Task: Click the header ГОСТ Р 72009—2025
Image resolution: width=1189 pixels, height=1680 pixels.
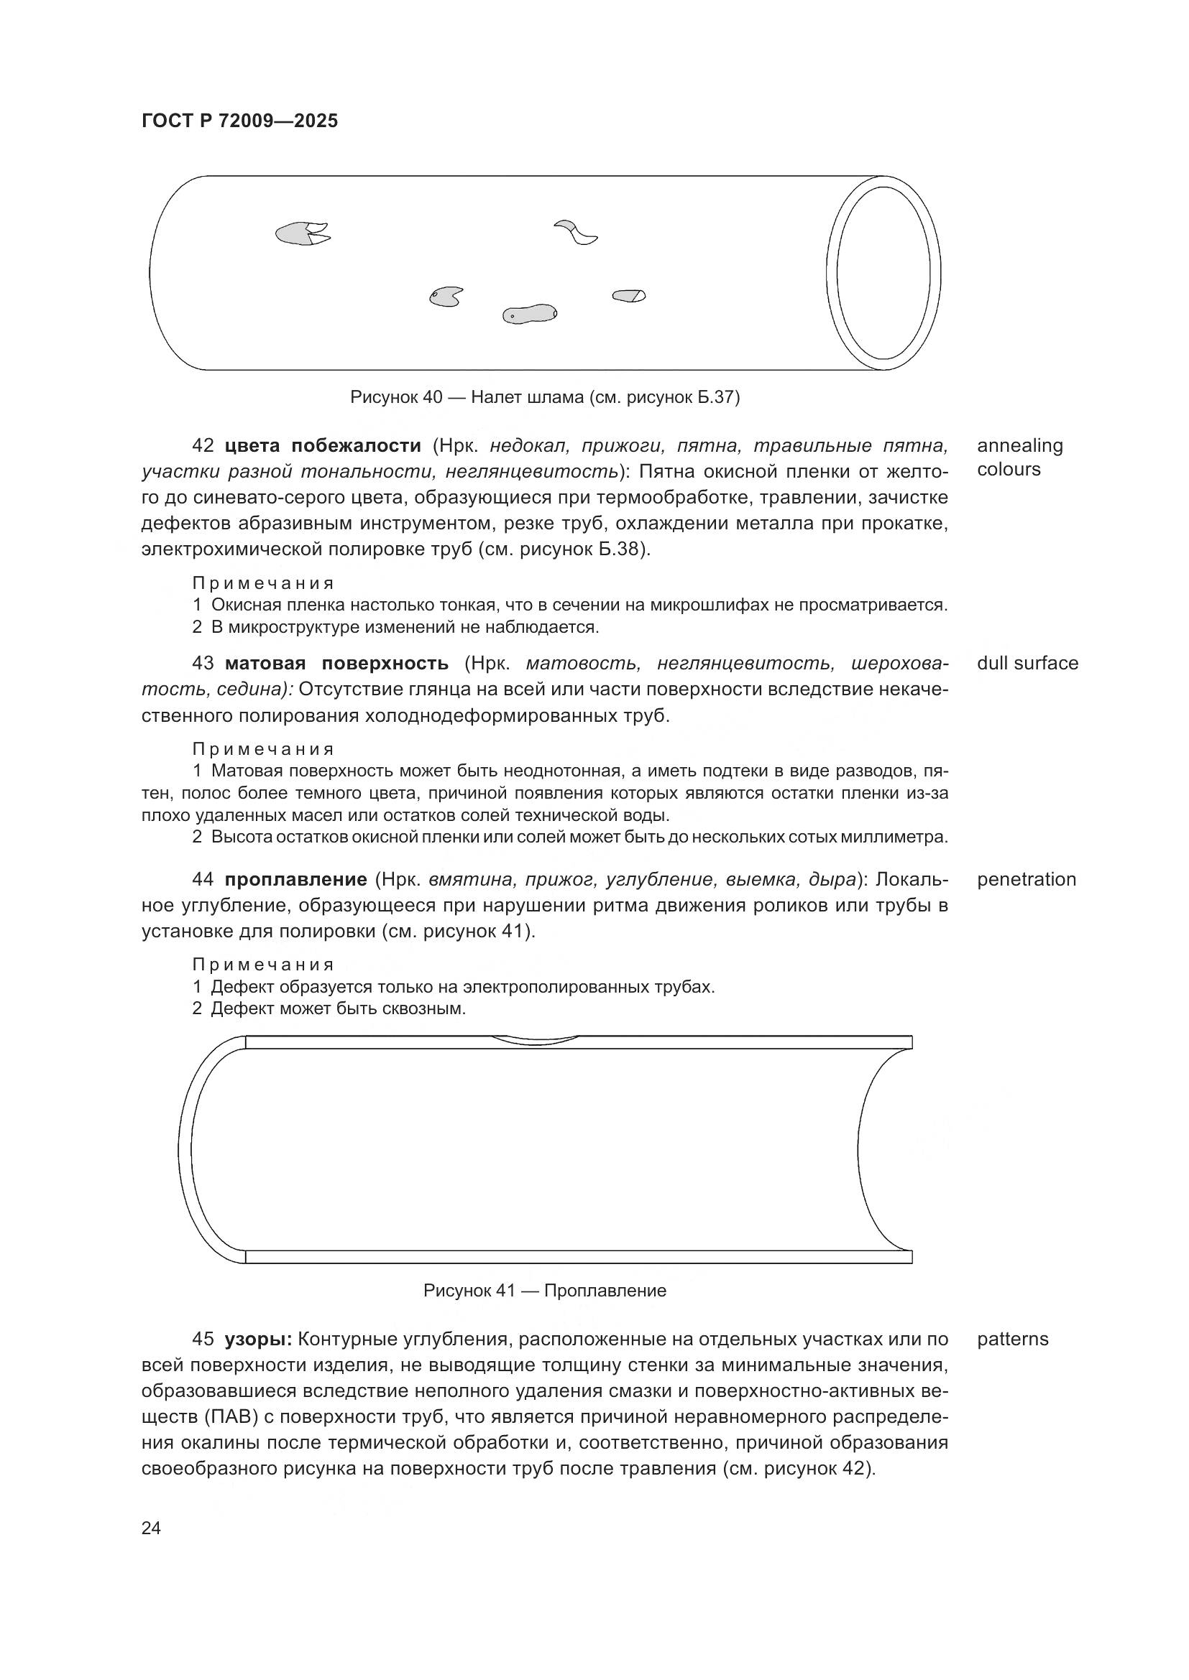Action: tap(239, 121)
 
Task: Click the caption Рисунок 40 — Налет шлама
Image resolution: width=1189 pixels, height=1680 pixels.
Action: tap(545, 397)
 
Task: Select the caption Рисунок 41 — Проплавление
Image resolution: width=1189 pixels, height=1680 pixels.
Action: tap(545, 1290)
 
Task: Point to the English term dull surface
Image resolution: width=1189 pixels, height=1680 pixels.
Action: tap(1027, 663)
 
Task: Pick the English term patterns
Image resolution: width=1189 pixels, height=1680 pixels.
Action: tap(1013, 1339)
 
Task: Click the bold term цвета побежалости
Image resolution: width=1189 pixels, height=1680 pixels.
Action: tap(323, 445)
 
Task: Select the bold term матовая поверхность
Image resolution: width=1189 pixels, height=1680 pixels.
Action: tap(336, 663)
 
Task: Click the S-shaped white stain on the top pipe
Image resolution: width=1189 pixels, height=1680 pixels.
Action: tap(577, 232)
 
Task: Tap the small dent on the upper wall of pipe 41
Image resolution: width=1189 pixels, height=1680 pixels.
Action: tap(533, 1040)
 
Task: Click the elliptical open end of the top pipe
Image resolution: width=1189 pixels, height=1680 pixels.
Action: tap(883, 273)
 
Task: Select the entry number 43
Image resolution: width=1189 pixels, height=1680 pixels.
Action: tap(203, 663)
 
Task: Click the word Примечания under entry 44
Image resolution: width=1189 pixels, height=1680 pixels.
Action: tap(263, 964)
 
